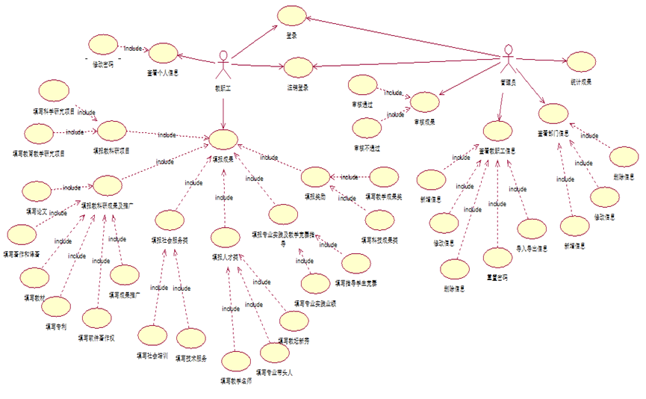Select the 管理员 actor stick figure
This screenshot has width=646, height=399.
point(508,60)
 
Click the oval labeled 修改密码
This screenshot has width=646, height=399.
point(102,46)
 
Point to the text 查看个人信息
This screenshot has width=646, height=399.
point(161,73)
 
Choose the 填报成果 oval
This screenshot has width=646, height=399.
point(223,140)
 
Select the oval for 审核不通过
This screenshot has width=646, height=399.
point(367,128)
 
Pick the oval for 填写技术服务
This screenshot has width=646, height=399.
point(190,338)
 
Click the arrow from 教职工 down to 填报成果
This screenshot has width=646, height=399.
point(223,108)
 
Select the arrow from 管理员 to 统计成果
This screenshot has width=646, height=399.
point(542,61)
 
